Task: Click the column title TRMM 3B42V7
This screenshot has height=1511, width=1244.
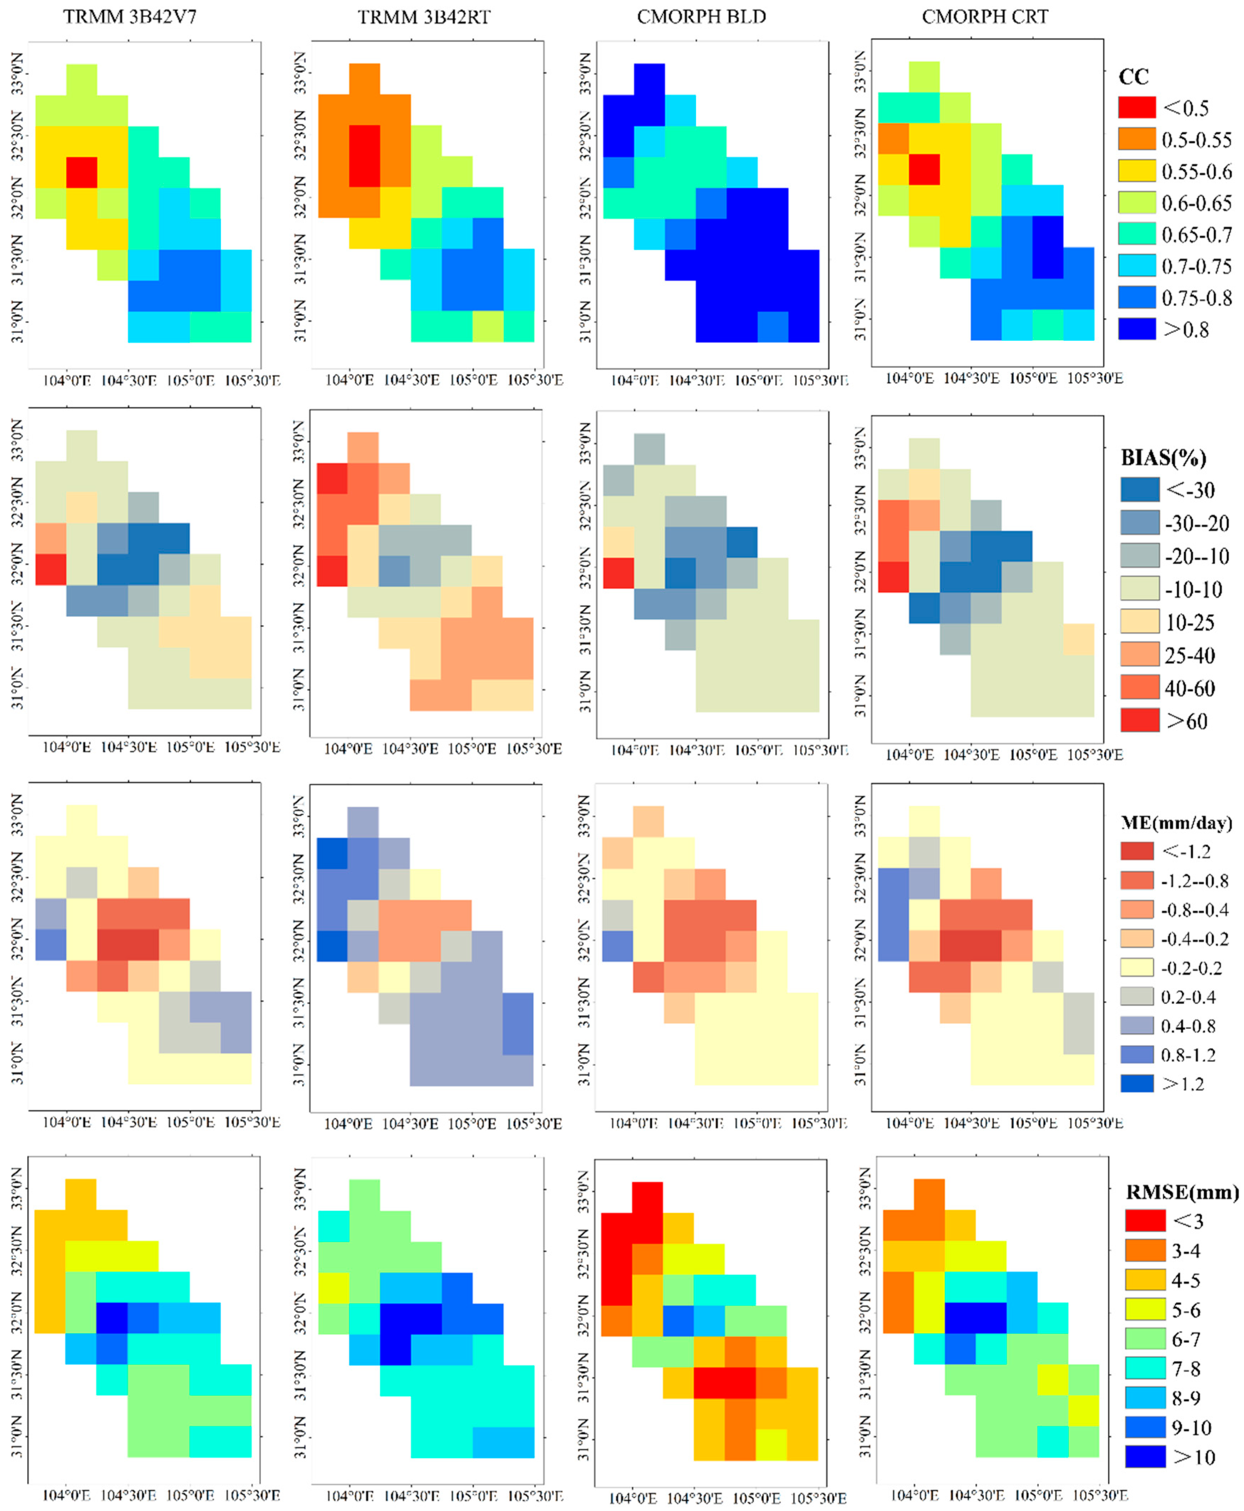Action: point(130,16)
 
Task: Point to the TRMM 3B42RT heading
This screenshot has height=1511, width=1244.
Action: point(424,16)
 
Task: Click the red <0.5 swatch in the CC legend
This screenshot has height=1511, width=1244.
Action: point(1136,108)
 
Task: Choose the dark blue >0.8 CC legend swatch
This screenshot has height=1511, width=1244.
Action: point(1136,329)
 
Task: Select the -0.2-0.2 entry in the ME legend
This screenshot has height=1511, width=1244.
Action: point(1136,967)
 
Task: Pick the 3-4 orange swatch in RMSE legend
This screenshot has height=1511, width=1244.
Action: point(1144,1250)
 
